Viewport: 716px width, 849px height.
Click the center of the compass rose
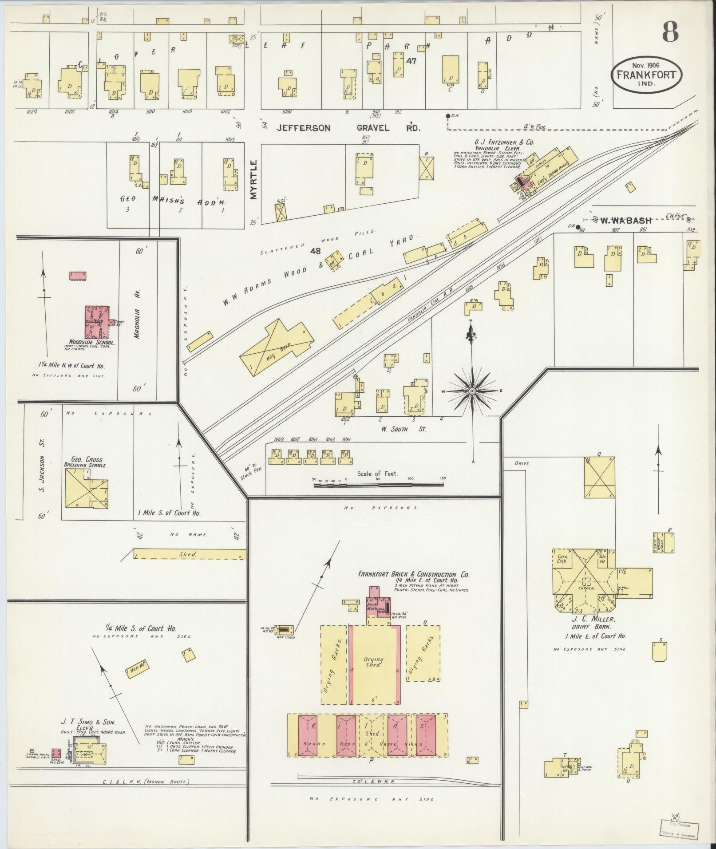(472, 391)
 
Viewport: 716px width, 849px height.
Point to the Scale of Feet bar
(378, 485)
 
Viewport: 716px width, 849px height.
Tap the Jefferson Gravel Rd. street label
(348, 128)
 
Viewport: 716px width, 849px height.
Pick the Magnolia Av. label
(137, 314)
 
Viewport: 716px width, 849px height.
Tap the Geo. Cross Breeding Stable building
(86, 489)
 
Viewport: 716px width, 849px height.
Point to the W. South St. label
(403, 429)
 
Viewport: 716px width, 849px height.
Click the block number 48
(316, 252)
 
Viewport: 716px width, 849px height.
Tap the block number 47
(411, 61)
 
